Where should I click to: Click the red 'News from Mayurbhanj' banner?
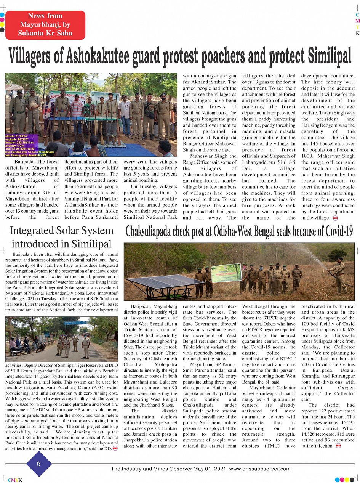pos(45,25)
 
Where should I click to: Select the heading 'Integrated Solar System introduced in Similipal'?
pos(61,237)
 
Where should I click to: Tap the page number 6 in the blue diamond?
pos(38,464)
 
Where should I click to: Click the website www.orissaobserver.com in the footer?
pos(260,469)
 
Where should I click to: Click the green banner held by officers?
pos(226,273)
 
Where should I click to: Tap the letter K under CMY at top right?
pos(357,33)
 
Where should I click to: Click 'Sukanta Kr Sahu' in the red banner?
pos(45,33)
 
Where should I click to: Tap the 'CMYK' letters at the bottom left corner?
pos(15,480)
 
